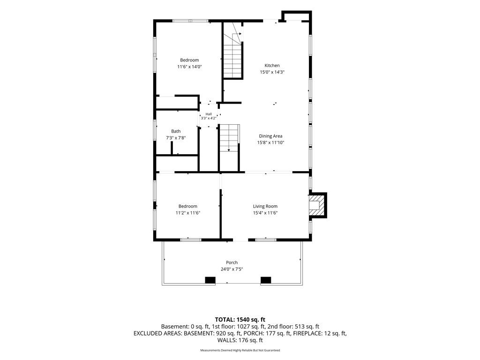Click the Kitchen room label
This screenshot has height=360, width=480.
click(272, 66)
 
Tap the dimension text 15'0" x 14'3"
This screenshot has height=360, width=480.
click(272, 72)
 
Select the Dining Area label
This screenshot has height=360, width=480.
click(270, 136)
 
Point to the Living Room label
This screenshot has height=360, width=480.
click(265, 206)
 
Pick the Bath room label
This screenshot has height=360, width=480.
click(176, 131)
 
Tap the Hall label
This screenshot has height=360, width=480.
click(209, 114)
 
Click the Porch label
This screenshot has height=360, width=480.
click(232, 262)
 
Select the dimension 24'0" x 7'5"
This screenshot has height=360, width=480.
click(232, 270)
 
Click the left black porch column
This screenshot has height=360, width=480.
click(210, 280)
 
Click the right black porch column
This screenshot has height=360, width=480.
click(266, 280)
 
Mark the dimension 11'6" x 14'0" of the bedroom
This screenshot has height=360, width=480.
click(189, 67)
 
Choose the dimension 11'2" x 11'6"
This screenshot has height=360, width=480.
click(187, 213)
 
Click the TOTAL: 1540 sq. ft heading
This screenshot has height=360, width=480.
click(240, 320)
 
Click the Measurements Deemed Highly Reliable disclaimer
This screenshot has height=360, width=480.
click(240, 350)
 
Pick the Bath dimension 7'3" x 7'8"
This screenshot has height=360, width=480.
click(176, 138)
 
